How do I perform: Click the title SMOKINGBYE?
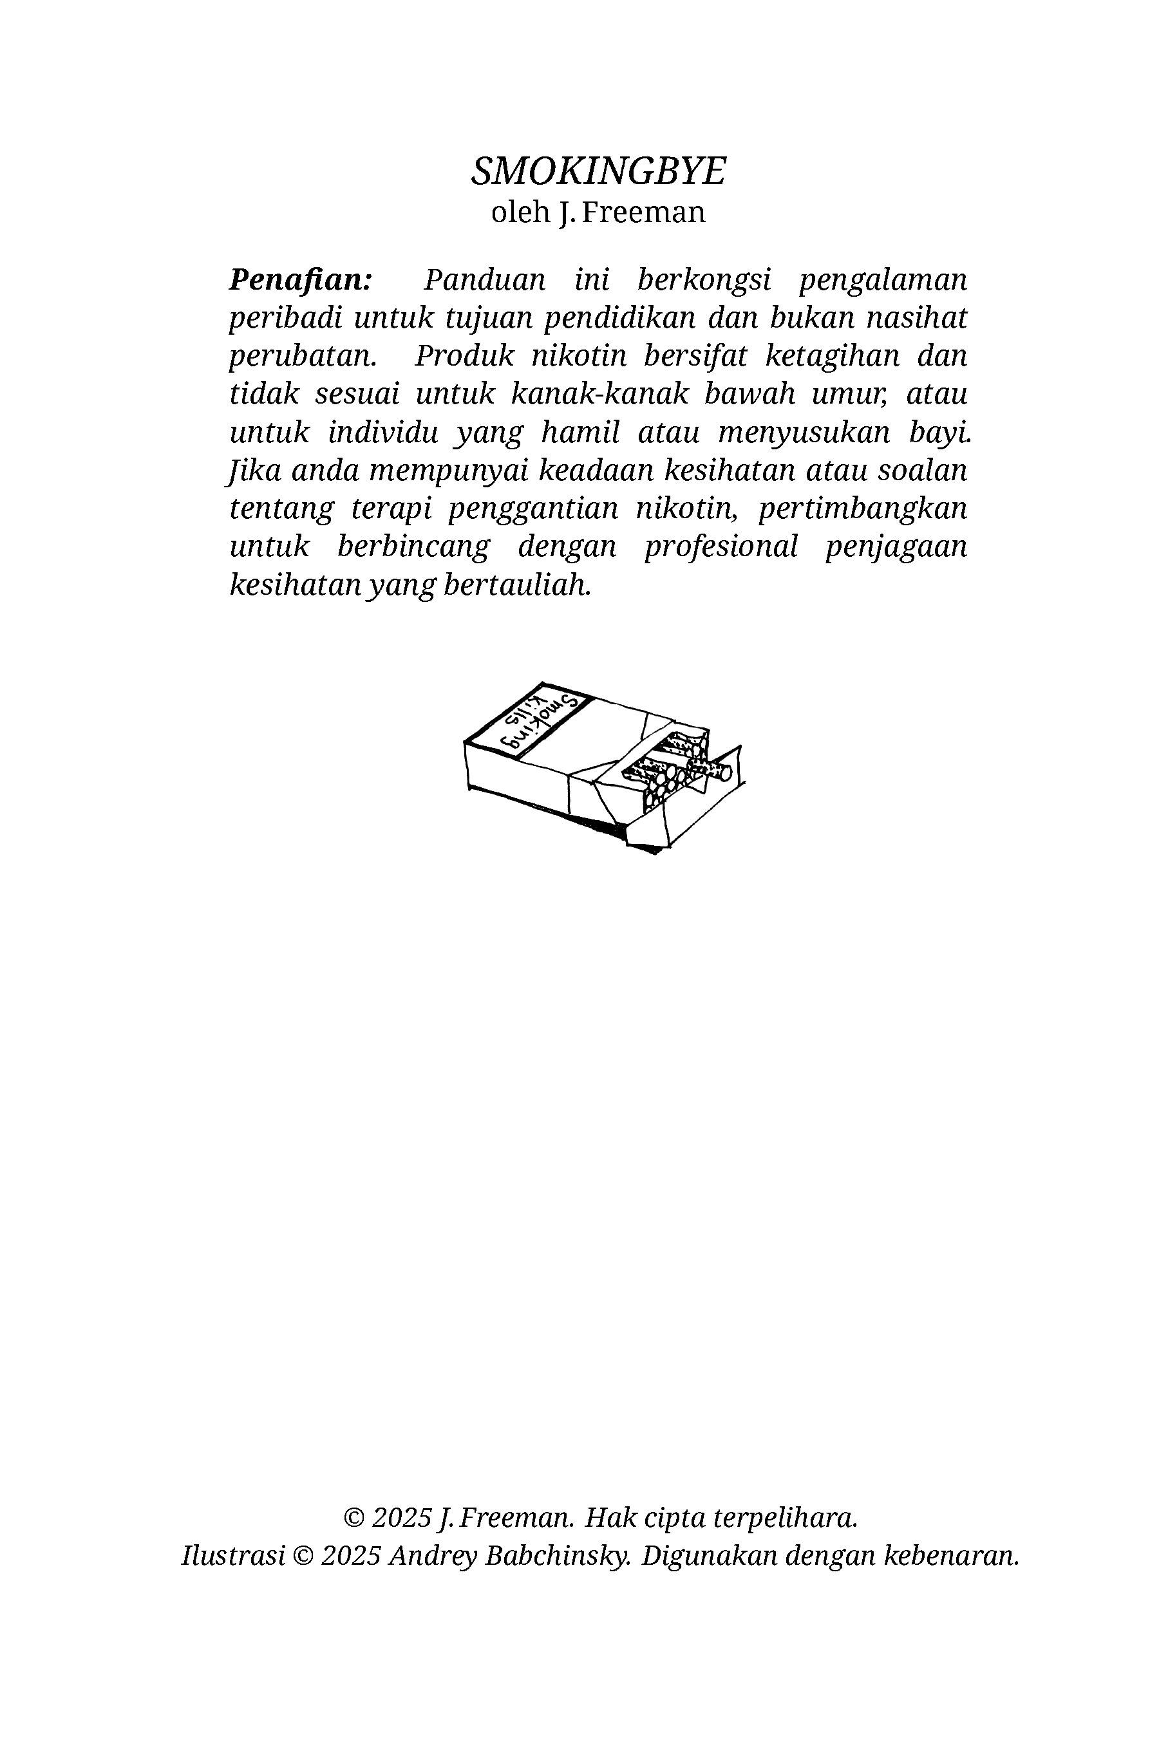(x=598, y=171)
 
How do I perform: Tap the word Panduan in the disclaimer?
(x=484, y=280)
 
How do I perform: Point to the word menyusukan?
(x=804, y=433)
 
